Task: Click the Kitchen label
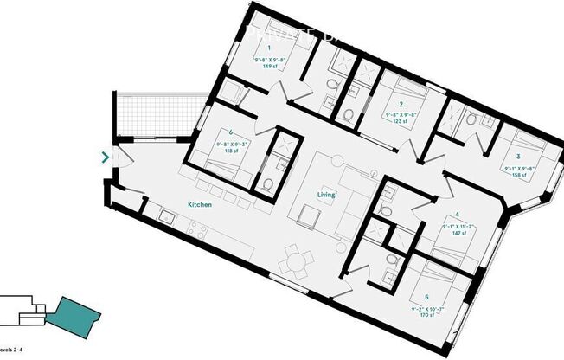(x=201, y=205)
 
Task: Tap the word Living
(x=325, y=196)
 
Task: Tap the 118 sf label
(x=231, y=150)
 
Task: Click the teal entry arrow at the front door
(x=106, y=157)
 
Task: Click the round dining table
(x=297, y=257)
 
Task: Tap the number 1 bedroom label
(x=268, y=48)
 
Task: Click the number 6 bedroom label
(x=231, y=132)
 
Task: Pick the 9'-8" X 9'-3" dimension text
(x=231, y=143)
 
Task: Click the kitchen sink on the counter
(x=170, y=221)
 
